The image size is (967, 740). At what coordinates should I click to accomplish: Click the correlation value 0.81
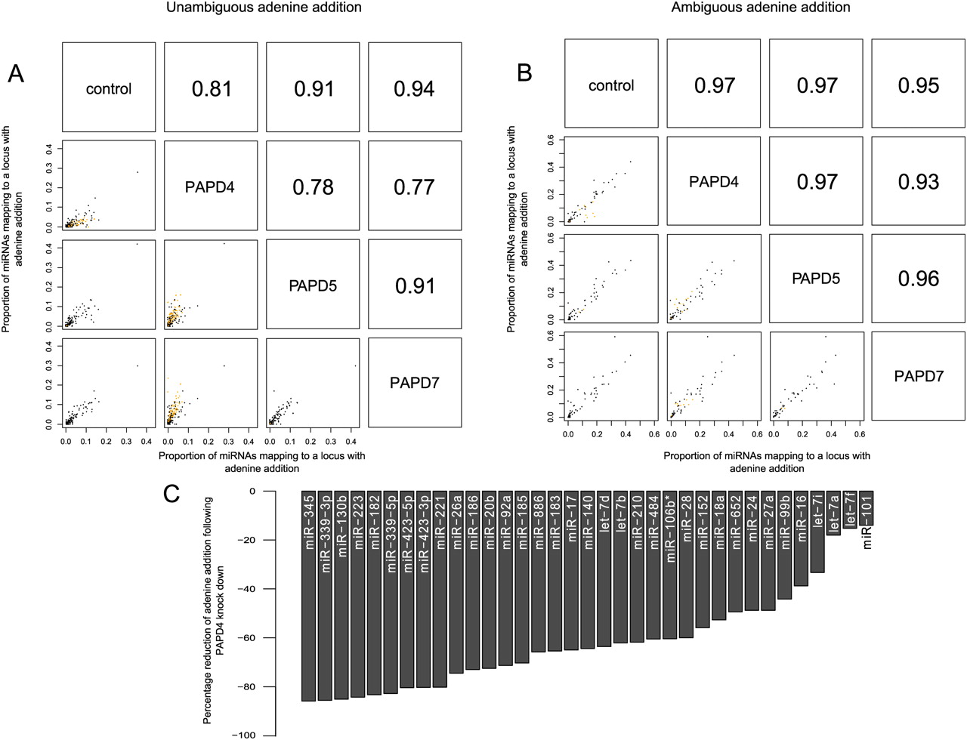212,89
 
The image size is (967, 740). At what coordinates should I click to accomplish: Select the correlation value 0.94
414,89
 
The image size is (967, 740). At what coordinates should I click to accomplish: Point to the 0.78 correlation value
313,187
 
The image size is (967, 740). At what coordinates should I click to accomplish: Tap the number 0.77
414,187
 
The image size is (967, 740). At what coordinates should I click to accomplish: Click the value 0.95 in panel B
918,85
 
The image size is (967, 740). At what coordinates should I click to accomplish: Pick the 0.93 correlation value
918,182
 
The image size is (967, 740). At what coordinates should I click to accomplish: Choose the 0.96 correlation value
918,279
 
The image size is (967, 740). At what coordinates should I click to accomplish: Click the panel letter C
171,494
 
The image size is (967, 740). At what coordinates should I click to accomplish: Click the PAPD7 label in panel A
414,383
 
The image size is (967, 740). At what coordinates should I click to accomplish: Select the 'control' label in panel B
611,85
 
